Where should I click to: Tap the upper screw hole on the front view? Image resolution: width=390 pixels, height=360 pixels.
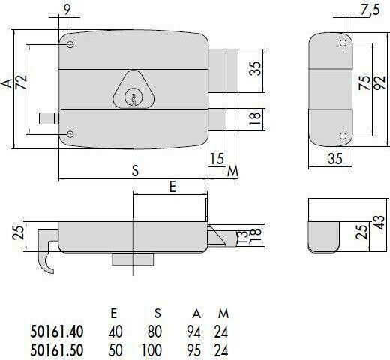click(70, 44)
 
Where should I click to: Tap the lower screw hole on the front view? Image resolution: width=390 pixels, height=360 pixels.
click(70, 134)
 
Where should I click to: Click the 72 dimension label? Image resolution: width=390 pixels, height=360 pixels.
click(21, 82)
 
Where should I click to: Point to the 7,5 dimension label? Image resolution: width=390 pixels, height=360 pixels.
click(370, 10)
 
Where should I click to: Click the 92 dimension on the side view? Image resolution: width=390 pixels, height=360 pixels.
click(380, 82)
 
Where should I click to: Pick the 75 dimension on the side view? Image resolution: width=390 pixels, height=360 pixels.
click(364, 82)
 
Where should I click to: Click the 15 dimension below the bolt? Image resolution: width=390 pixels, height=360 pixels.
click(217, 158)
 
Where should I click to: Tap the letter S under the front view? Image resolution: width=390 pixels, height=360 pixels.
click(135, 171)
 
